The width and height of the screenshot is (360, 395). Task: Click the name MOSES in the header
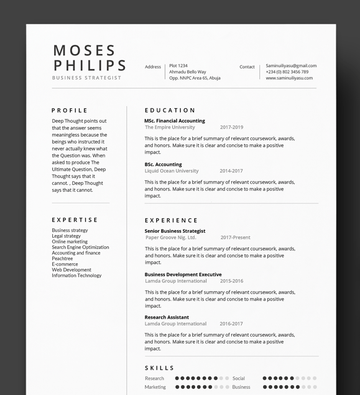click(x=85, y=50)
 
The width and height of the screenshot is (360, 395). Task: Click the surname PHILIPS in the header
click(x=90, y=65)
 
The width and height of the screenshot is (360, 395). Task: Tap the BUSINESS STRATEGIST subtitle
click(x=86, y=78)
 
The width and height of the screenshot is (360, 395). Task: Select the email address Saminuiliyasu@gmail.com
click(x=291, y=65)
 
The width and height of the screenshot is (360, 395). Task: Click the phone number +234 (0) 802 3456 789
click(x=287, y=72)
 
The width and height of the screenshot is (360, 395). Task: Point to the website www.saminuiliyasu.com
click(x=289, y=78)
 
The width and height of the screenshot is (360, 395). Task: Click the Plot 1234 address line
click(x=178, y=65)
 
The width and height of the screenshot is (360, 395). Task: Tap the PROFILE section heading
click(x=70, y=110)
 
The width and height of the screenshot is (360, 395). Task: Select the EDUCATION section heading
click(x=170, y=110)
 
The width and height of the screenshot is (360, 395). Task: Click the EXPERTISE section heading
click(x=75, y=220)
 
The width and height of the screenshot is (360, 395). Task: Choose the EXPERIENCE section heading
click(x=171, y=220)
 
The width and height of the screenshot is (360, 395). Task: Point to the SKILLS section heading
click(x=160, y=368)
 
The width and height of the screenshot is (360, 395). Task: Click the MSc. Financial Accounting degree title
click(x=175, y=121)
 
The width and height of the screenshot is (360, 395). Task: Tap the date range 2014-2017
click(x=231, y=170)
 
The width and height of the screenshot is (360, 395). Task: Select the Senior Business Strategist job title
click(x=175, y=231)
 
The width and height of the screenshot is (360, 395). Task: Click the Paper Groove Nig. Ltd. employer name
click(x=170, y=237)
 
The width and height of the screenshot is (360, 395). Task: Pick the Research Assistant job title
click(x=167, y=317)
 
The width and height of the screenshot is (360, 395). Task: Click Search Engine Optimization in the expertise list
click(x=80, y=248)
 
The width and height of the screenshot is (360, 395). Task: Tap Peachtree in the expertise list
click(x=62, y=259)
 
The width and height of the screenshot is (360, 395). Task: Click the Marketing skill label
click(x=155, y=387)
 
